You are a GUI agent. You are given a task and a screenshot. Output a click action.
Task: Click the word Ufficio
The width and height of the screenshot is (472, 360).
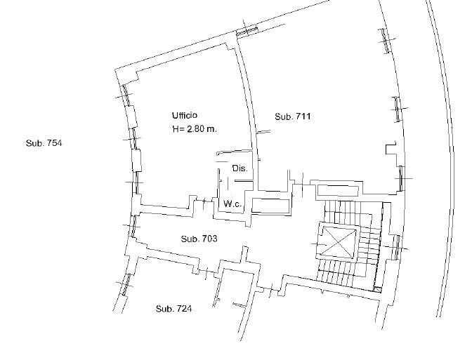[x=185, y=115]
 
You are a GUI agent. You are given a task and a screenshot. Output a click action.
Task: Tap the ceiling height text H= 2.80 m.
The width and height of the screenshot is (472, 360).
[x=195, y=129]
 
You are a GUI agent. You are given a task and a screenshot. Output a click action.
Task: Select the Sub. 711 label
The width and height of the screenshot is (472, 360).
[x=293, y=116]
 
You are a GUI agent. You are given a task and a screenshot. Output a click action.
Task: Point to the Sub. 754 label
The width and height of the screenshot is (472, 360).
[x=44, y=143]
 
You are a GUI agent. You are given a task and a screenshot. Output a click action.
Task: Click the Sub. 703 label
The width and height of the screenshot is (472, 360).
[x=199, y=239]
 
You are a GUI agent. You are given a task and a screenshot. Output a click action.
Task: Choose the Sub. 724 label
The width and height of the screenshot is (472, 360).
[x=173, y=309]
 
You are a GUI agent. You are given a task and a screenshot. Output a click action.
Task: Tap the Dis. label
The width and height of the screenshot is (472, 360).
[x=240, y=168]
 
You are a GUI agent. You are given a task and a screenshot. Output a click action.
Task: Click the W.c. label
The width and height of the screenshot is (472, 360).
[x=232, y=204]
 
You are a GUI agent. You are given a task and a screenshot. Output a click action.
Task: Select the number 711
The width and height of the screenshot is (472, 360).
[x=303, y=116]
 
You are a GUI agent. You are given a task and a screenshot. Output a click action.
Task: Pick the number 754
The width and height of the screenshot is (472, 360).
[x=54, y=143]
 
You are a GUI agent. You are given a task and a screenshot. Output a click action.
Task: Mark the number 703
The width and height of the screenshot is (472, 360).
[x=209, y=239]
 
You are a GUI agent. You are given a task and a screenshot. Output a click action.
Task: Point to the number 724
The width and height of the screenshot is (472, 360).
[x=184, y=309]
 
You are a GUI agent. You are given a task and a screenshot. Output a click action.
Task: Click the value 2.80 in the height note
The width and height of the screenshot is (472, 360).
[x=195, y=129]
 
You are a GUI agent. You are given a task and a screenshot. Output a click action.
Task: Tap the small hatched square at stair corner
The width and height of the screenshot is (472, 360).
[x=377, y=289]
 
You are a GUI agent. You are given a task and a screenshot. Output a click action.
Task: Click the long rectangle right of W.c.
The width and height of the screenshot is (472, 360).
[x=270, y=206]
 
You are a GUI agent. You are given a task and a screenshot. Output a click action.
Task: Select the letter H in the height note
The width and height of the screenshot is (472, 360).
[x=176, y=129]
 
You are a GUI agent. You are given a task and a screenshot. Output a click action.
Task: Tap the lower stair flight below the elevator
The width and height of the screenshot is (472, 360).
[x=346, y=273]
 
